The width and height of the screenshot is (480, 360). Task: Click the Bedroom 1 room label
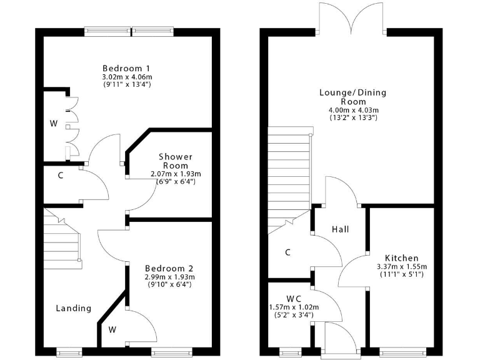[127, 68]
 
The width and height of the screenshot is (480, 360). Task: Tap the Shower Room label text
[176, 161]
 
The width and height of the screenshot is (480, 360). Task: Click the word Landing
[74, 308]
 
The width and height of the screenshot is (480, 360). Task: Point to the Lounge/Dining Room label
[353, 97]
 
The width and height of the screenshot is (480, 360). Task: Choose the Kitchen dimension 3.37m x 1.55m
[401, 267]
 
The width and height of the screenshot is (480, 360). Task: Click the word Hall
[340, 229]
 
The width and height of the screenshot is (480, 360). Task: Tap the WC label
[294, 299]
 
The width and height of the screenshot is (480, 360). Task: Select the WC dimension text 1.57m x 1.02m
[294, 307]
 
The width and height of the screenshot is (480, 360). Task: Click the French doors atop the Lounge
[352, 19]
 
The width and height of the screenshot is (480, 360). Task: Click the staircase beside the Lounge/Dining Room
[289, 178]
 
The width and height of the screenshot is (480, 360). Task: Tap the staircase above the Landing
[61, 241]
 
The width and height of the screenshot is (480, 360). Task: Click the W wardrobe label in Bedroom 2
[112, 329]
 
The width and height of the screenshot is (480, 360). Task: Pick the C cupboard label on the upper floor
[61, 176]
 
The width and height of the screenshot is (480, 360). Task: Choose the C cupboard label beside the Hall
[287, 252]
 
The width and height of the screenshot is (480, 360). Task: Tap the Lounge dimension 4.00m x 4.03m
[353, 110]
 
